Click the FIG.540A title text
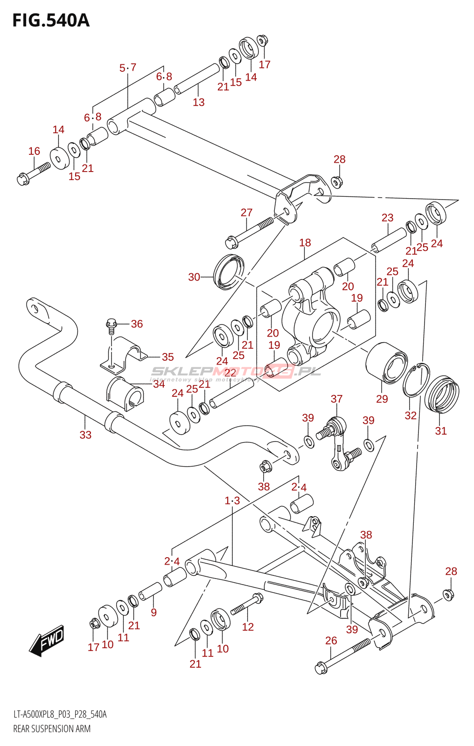51,21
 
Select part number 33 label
85,435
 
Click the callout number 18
305,242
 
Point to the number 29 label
382,399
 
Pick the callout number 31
441,431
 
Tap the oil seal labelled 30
229,272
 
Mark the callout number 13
199,102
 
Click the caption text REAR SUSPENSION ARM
52,729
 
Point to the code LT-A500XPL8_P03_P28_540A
60,714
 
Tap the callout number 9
153,612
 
